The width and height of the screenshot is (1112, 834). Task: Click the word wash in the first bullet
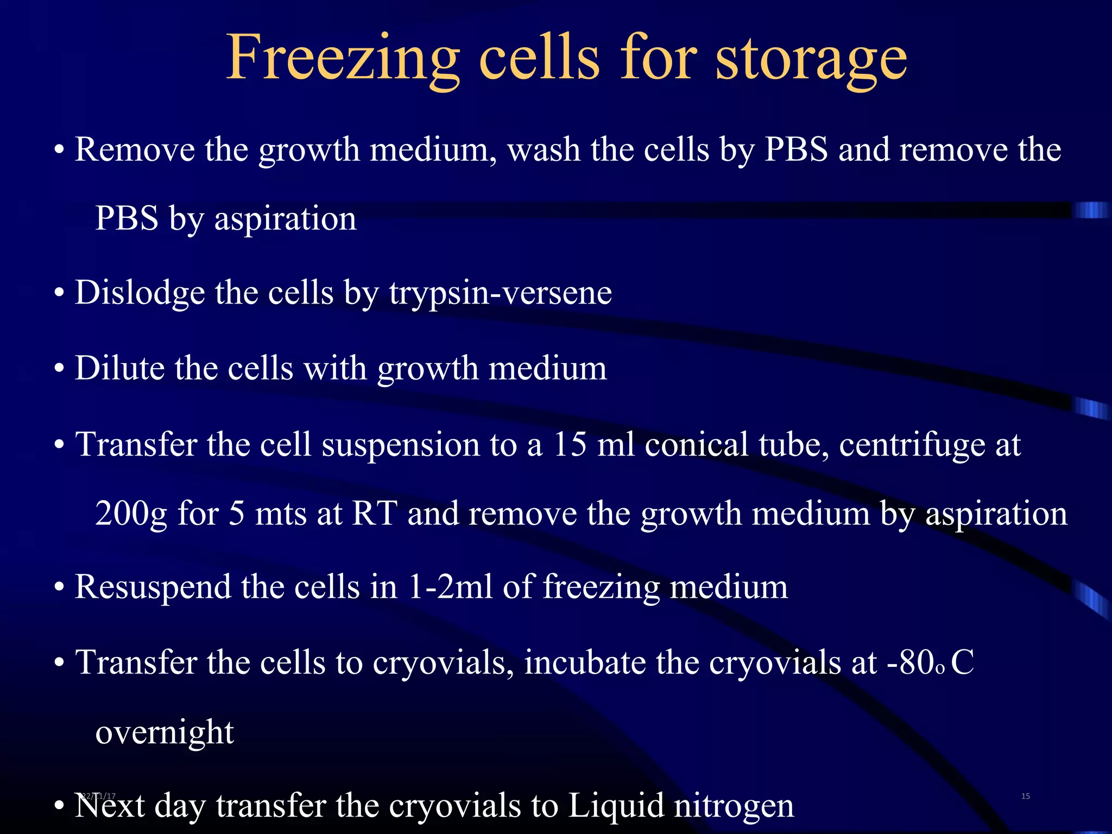click(x=544, y=150)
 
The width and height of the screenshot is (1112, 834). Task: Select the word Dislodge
click(x=140, y=293)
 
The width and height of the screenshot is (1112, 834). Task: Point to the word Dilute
click(x=119, y=369)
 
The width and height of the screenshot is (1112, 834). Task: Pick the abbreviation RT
click(x=375, y=513)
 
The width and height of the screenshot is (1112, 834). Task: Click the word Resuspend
click(x=153, y=588)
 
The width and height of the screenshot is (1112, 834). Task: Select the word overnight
click(x=165, y=733)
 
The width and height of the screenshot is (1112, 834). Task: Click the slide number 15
click(x=1025, y=796)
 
